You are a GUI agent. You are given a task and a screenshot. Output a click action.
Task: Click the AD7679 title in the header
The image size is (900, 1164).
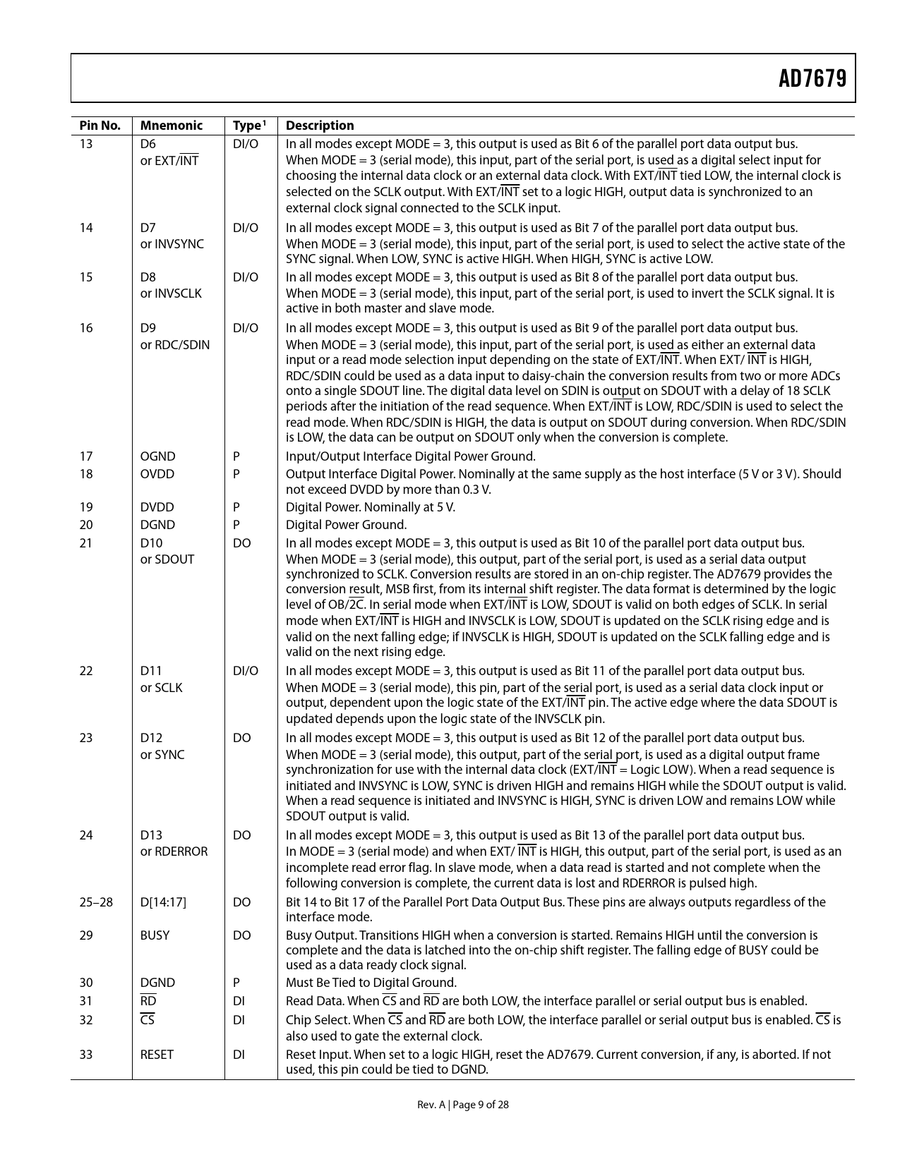(x=812, y=78)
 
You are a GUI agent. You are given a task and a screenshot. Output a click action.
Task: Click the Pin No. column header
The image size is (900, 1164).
(x=100, y=126)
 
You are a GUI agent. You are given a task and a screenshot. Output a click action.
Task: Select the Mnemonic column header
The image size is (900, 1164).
(x=171, y=126)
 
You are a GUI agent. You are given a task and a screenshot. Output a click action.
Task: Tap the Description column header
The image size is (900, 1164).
(x=320, y=126)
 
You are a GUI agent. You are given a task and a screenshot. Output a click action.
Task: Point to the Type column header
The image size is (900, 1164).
(x=248, y=126)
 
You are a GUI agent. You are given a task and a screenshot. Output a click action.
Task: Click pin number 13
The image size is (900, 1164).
(x=86, y=144)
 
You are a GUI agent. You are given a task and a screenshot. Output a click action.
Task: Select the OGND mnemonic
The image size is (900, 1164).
(x=157, y=456)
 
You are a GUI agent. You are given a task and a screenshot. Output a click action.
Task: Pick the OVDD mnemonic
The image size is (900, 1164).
(x=157, y=474)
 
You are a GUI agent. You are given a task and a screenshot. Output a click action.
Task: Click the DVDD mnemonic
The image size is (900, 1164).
(x=157, y=507)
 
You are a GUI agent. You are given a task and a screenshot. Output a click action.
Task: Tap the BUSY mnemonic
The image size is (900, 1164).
(x=155, y=935)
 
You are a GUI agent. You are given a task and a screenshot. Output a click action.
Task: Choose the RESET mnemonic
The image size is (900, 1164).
(x=157, y=1055)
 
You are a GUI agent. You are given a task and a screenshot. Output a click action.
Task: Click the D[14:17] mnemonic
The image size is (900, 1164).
(x=163, y=902)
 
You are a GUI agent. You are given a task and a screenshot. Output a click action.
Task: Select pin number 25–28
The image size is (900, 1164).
(x=96, y=902)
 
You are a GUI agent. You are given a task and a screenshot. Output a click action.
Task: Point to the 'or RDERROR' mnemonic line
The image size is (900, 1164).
(x=174, y=851)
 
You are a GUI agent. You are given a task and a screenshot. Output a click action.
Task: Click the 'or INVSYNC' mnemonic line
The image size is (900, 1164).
(x=172, y=244)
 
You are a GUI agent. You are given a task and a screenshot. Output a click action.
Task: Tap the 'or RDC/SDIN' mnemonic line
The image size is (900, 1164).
(x=174, y=344)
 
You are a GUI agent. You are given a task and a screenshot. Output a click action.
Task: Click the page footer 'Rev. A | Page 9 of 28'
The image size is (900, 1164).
(x=462, y=1105)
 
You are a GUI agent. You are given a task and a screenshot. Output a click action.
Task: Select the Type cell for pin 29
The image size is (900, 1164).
(x=241, y=935)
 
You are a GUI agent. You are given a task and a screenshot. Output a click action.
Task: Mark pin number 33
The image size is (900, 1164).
(x=86, y=1055)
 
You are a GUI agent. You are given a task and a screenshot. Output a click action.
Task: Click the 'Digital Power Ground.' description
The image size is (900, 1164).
(x=346, y=525)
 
